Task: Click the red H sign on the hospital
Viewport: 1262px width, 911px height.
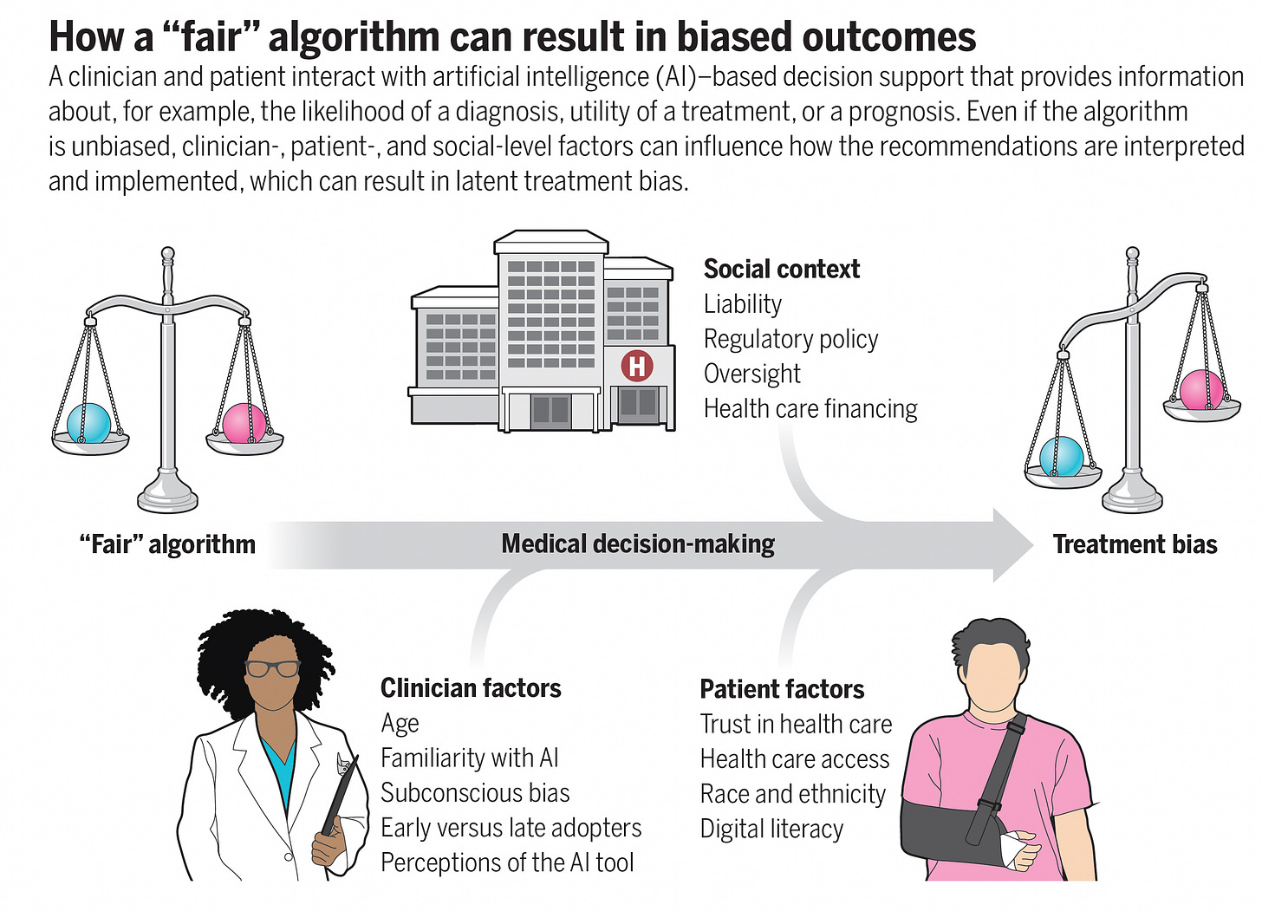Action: pyautogui.click(x=637, y=366)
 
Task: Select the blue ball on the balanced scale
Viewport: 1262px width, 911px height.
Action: pyautogui.click(x=88, y=423)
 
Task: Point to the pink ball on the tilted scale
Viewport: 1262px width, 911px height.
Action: pyautogui.click(x=1202, y=389)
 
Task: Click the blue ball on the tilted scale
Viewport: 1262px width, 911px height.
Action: pyautogui.click(x=1061, y=456)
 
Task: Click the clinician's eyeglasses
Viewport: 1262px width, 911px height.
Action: pyautogui.click(x=272, y=668)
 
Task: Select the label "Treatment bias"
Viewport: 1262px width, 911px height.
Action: pyautogui.click(x=1135, y=544)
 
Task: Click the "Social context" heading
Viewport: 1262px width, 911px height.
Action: pyautogui.click(x=781, y=270)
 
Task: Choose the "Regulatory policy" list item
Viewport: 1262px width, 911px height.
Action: pyautogui.click(x=790, y=339)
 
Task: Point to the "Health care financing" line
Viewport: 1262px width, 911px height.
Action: pyautogui.click(x=810, y=408)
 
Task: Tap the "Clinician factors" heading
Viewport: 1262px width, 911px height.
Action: pyautogui.click(x=471, y=688)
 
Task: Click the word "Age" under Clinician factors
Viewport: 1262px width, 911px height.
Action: pyautogui.click(x=400, y=724)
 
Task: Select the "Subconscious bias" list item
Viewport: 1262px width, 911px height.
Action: pyautogui.click(x=475, y=793)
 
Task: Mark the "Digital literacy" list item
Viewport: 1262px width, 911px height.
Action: pyautogui.click(x=771, y=829)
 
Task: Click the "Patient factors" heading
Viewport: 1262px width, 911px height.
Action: pyautogui.click(x=782, y=689)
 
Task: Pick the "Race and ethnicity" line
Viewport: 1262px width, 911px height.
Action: pyautogui.click(x=792, y=794)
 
